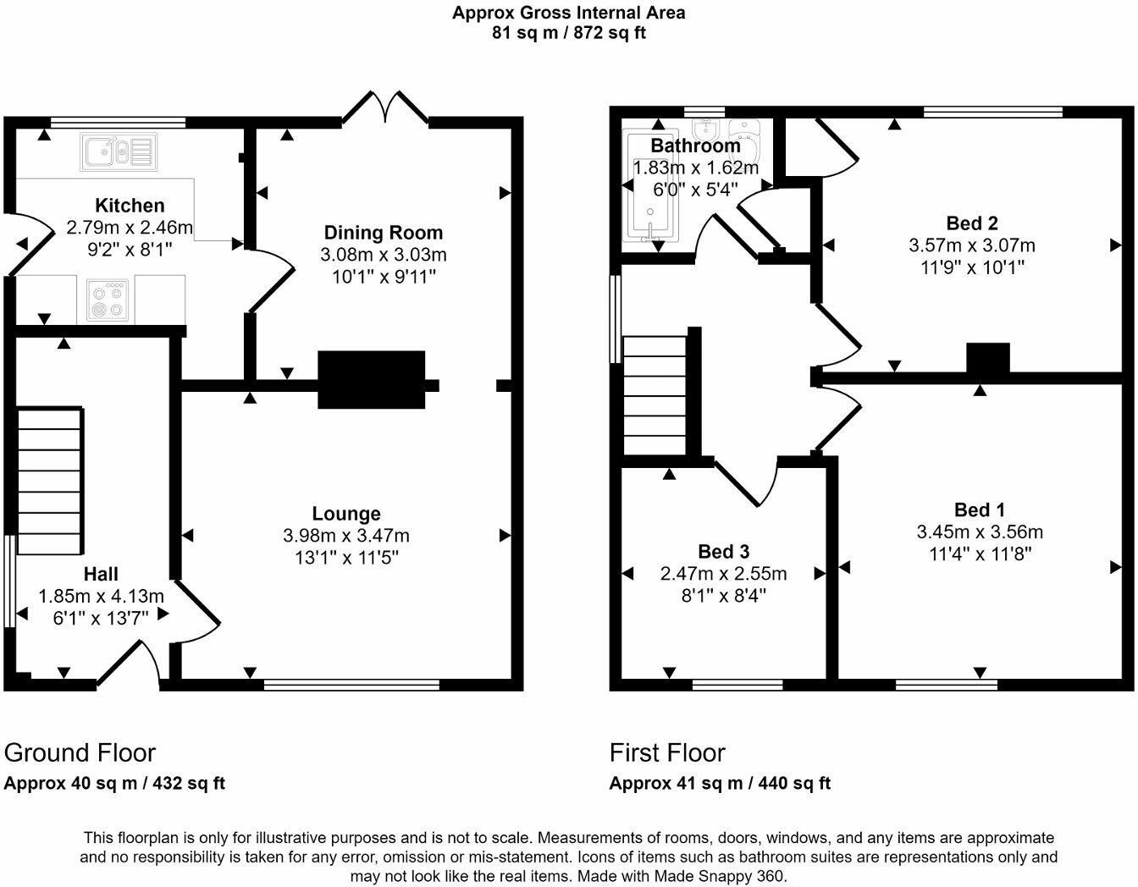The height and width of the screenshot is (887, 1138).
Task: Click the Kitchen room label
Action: (x=130, y=206)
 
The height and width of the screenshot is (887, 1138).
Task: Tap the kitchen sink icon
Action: (x=119, y=152)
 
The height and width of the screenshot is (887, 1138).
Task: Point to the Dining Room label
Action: (x=384, y=233)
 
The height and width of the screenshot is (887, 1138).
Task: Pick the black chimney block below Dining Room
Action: (x=371, y=380)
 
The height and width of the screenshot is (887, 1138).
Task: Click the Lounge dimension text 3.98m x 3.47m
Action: (x=346, y=536)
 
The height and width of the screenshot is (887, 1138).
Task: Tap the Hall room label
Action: (x=101, y=574)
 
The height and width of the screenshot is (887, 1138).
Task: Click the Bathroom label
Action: (x=695, y=146)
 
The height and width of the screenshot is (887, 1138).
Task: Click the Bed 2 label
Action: (x=972, y=223)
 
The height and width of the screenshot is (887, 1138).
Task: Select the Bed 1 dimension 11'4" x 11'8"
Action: (x=980, y=554)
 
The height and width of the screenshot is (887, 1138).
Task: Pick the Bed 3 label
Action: (x=724, y=552)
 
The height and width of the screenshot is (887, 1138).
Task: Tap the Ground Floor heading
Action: (x=80, y=752)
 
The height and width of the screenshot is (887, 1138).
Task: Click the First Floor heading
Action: (x=667, y=752)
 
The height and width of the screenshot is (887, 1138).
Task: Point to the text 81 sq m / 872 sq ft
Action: (x=568, y=34)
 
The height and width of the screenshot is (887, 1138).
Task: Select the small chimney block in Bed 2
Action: (x=988, y=357)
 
